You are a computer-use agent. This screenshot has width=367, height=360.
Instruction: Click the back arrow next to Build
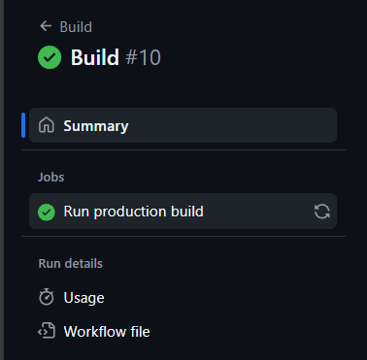[46, 26]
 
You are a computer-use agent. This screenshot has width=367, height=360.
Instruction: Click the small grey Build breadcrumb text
[76, 27]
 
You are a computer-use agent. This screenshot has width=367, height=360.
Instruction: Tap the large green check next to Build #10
[50, 57]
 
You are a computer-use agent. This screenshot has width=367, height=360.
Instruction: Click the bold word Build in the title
[95, 57]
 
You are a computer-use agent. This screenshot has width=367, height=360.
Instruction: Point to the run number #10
[143, 57]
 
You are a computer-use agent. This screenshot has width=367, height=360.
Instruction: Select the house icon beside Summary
[47, 125]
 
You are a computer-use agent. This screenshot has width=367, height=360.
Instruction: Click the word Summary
[96, 126]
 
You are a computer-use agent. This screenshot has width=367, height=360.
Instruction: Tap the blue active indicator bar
[23, 125]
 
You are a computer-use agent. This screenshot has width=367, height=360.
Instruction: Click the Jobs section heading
[51, 178]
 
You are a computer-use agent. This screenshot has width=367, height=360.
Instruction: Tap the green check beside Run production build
[47, 212]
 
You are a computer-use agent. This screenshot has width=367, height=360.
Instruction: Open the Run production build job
[133, 212]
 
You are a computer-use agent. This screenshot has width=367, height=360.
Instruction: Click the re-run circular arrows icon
[322, 212]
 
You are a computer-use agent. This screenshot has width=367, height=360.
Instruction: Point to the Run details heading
[71, 264]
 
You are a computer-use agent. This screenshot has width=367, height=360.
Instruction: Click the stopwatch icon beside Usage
[47, 297]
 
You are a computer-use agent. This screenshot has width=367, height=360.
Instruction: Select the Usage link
[83, 298]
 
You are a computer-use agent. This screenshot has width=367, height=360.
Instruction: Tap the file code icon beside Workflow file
[47, 330]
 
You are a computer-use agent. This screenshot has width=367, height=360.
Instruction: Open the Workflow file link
[107, 332]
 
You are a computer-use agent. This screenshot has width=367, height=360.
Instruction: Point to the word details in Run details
[83, 264]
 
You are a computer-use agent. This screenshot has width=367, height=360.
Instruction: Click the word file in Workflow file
[140, 332]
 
